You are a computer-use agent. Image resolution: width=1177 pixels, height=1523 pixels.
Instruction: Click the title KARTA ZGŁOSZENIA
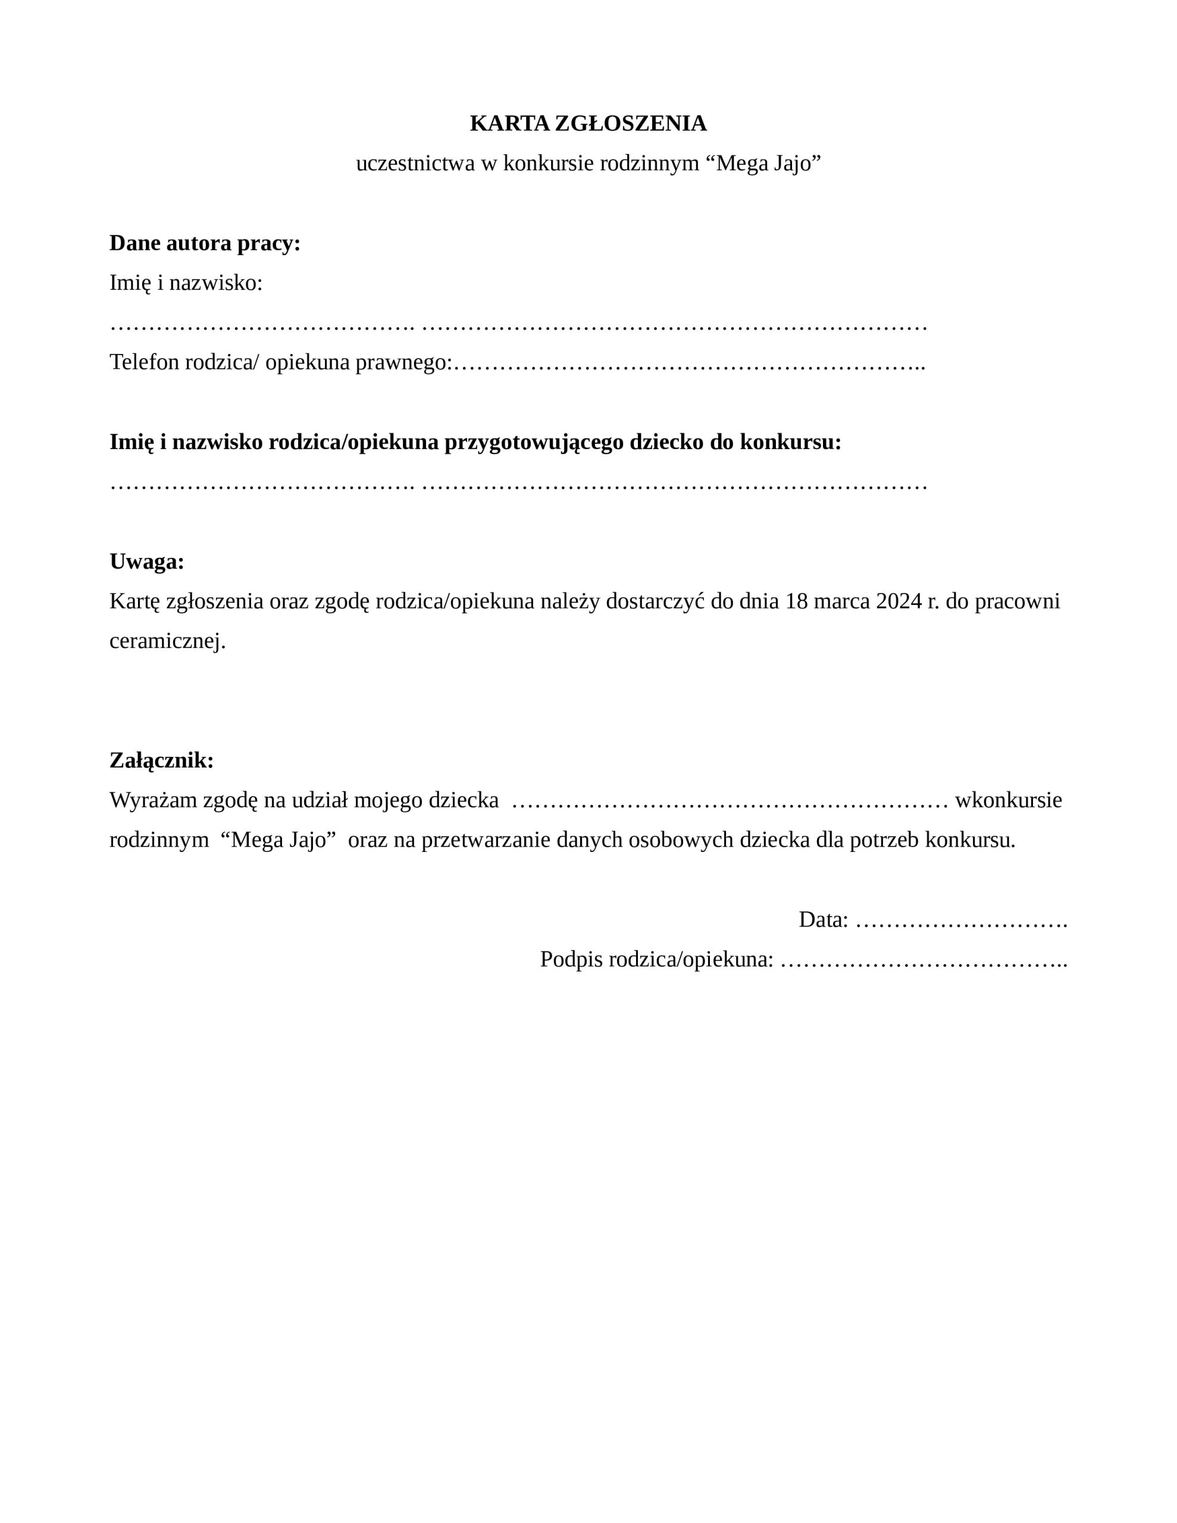click(x=587, y=123)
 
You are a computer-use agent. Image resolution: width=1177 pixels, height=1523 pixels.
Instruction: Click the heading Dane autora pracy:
click(x=205, y=243)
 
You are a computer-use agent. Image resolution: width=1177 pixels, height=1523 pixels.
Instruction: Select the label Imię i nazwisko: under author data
click(x=186, y=283)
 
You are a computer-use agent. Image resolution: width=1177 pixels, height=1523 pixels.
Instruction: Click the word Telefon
click(x=145, y=363)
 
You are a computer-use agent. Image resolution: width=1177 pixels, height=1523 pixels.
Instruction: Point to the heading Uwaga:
click(x=146, y=562)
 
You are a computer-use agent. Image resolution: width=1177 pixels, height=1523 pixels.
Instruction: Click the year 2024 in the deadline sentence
click(x=899, y=601)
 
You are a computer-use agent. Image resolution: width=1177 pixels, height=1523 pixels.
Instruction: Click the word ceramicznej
click(x=167, y=641)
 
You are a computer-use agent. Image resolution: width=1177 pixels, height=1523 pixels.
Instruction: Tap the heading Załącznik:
click(x=161, y=760)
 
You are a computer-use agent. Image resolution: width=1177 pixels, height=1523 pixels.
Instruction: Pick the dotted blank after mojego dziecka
click(x=729, y=801)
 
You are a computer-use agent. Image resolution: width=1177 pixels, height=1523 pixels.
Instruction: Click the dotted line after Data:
click(x=961, y=921)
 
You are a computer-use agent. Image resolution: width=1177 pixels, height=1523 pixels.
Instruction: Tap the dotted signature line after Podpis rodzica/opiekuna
click(x=924, y=961)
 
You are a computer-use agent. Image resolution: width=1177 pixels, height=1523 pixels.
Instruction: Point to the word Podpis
click(x=571, y=960)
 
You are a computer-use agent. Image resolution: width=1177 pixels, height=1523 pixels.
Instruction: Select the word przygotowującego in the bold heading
click(x=534, y=442)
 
